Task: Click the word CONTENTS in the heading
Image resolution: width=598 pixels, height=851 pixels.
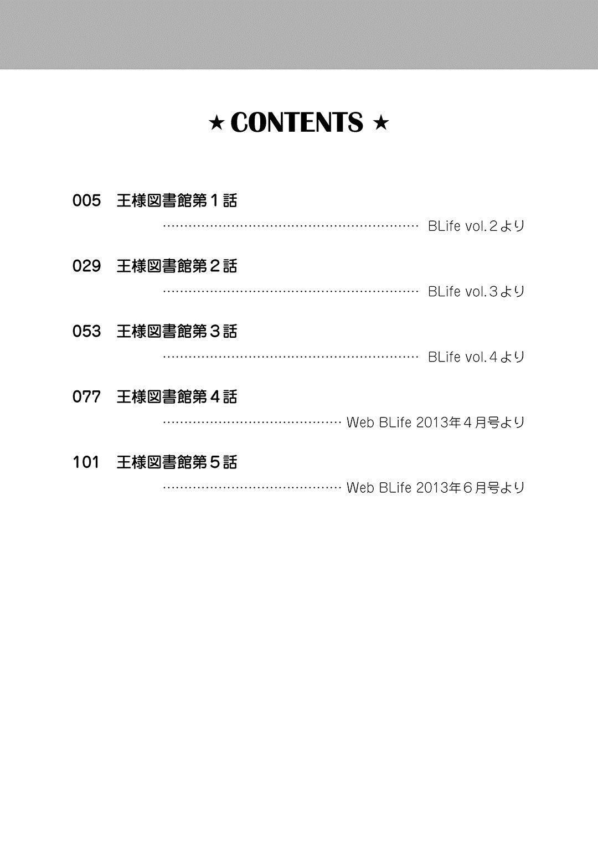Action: click(x=297, y=122)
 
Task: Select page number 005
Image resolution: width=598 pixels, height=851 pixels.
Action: click(x=86, y=200)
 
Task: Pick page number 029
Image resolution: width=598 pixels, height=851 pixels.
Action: click(x=86, y=266)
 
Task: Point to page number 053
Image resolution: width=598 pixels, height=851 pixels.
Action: click(x=86, y=331)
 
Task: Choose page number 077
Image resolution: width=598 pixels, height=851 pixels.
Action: click(x=86, y=396)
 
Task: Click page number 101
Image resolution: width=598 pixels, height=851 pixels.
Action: click(x=86, y=462)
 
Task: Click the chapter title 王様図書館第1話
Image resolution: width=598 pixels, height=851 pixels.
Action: click(x=177, y=200)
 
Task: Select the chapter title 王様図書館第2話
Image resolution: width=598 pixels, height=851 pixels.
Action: click(x=177, y=266)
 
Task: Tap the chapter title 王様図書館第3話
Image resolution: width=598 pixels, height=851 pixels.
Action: click(x=177, y=331)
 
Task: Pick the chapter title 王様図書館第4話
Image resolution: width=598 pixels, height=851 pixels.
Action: click(x=177, y=396)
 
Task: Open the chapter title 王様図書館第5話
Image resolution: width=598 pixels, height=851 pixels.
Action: click(x=177, y=462)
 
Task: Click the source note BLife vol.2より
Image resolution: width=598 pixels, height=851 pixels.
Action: click(x=476, y=226)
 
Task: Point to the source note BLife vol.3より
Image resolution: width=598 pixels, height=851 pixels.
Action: click(x=476, y=291)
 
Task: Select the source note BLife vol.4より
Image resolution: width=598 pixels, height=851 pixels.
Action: click(x=476, y=357)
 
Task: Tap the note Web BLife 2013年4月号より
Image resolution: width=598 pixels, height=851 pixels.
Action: click(x=435, y=422)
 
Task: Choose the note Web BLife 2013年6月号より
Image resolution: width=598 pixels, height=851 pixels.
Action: click(x=435, y=488)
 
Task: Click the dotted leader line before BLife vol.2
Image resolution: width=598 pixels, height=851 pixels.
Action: click(x=291, y=226)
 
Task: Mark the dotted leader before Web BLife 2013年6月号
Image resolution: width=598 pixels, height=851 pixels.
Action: click(x=252, y=488)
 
